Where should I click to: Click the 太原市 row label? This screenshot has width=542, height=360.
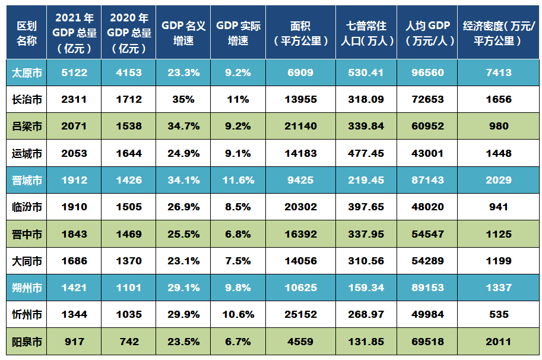(27, 72)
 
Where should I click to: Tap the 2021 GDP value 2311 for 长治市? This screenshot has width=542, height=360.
(74, 99)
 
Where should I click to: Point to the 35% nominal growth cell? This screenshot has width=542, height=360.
(183, 99)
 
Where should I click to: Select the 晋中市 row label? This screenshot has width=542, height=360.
(27, 234)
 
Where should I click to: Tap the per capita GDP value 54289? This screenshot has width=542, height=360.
(428, 261)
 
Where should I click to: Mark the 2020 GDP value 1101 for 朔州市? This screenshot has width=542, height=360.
(129, 288)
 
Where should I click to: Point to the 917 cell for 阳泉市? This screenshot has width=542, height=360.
(74, 342)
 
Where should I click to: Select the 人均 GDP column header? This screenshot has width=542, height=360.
(428, 33)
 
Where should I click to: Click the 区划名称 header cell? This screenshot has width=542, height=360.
(27, 33)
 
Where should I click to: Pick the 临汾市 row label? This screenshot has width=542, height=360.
(27, 207)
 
